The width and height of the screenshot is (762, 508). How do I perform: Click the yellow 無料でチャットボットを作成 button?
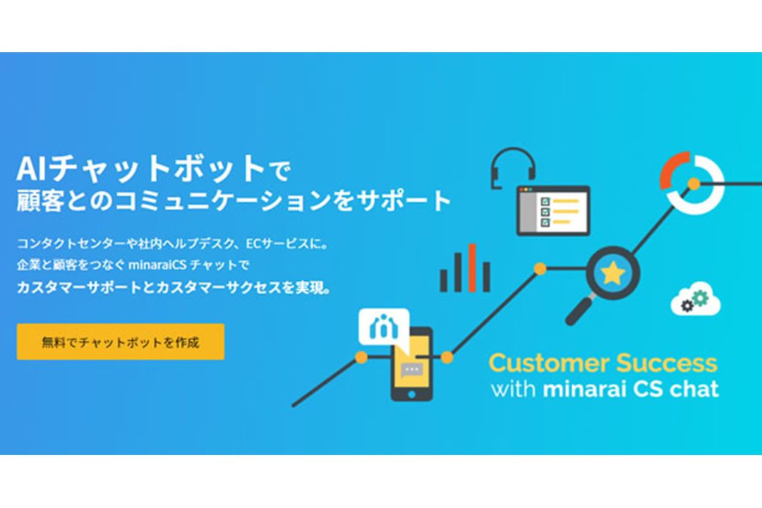(121, 341)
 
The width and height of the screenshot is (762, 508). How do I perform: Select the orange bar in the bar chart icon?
(471, 268)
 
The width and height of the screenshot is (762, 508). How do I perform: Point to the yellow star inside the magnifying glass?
(613, 273)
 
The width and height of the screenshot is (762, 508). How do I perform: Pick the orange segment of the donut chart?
(673, 170)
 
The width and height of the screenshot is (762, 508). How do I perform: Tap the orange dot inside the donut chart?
(694, 183)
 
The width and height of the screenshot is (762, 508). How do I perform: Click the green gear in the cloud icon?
(701, 297)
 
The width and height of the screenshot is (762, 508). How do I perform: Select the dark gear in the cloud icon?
(687, 306)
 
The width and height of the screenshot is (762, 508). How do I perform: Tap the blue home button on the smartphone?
(411, 394)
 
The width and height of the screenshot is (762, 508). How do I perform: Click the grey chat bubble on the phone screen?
(411, 371)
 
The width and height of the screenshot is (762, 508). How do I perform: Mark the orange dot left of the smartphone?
(361, 357)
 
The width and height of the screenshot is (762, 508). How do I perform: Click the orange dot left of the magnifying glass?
(540, 269)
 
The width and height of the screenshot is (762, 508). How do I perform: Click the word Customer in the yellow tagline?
(549, 363)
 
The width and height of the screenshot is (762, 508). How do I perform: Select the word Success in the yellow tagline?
(667, 363)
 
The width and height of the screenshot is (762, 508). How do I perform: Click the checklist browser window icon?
(553, 210)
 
